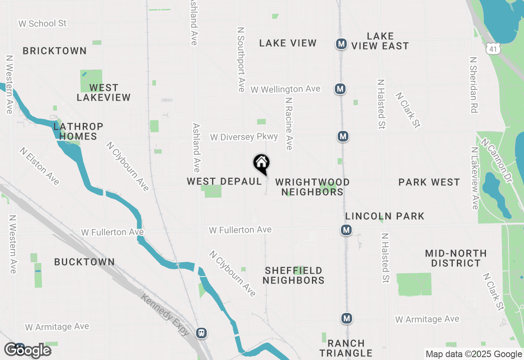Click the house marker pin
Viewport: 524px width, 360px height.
(x=262, y=164)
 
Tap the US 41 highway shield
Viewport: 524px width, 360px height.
(x=492, y=49)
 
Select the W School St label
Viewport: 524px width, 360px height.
(x=42, y=23)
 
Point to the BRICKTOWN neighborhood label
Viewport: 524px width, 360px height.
(x=54, y=51)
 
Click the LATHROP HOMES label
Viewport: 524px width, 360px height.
(x=78, y=131)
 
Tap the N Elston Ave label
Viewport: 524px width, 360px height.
(x=39, y=166)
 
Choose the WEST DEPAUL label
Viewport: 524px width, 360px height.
(x=224, y=181)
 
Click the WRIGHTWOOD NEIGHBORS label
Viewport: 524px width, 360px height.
(x=312, y=187)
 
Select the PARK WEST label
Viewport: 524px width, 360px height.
(x=429, y=182)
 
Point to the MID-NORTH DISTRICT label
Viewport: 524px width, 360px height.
(x=456, y=258)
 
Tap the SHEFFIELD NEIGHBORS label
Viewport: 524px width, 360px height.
(x=294, y=275)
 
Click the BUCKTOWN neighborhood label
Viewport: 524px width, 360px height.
(x=85, y=262)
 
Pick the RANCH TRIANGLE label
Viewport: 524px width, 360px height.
(x=346, y=348)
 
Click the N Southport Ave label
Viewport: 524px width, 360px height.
(x=241, y=59)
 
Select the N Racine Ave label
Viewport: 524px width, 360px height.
(x=289, y=123)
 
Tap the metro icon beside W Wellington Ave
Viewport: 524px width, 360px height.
(x=340, y=89)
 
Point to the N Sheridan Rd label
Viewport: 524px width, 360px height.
(x=474, y=84)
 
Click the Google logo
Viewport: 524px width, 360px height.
(x=27, y=350)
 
